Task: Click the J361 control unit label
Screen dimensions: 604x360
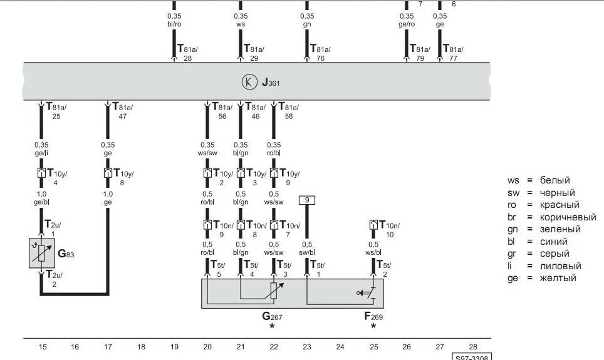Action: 271,83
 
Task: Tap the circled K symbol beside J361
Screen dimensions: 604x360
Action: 249,82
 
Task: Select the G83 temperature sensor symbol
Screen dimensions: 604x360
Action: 41,253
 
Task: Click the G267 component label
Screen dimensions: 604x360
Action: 272,317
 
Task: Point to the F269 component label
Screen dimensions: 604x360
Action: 373,317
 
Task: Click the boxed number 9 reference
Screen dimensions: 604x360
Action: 307,200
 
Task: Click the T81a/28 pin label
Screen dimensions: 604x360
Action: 187,53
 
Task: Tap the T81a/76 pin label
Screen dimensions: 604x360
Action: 321,53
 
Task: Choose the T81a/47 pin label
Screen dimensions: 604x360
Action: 123,111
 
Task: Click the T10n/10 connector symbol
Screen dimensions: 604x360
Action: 373,225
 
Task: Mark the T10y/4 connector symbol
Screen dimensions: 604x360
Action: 41,173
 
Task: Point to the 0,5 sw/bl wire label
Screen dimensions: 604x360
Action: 307,249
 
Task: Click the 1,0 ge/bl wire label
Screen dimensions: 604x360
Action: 41,198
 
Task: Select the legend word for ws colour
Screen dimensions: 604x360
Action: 555,180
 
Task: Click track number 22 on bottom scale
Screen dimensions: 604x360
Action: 274,347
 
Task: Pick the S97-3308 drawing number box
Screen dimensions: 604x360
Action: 472,357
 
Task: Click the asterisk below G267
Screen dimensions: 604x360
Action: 272,326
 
